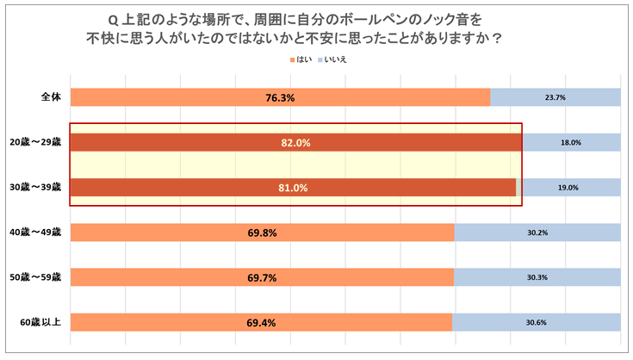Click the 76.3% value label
(x=280, y=98)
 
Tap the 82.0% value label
(x=295, y=143)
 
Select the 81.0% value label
(x=293, y=188)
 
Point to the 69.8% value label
(x=262, y=233)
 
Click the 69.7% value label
(x=262, y=277)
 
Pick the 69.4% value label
(x=261, y=322)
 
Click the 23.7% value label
(x=555, y=98)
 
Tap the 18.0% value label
(x=571, y=143)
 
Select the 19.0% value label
(x=568, y=188)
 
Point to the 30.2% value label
(x=537, y=233)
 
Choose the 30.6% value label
(x=536, y=322)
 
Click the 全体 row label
(x=51, y=96)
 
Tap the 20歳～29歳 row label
(x=34, y=141)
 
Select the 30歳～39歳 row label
(x=34, y=186)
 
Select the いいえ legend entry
(x=336, y=59)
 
